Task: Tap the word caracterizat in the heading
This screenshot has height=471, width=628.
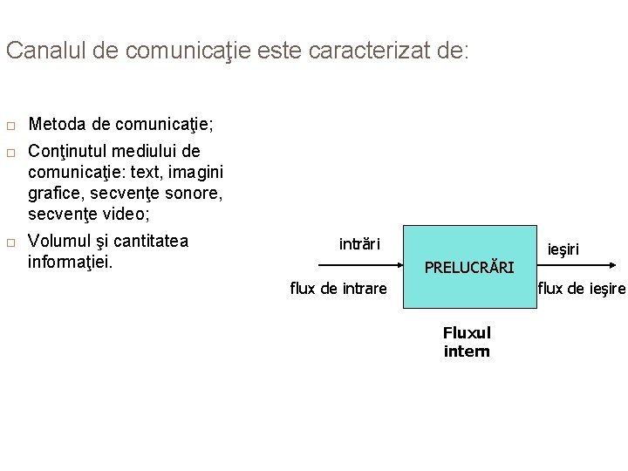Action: point(352,50)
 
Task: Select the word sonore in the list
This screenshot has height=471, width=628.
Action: point(195,191)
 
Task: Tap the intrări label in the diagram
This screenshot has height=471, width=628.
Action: point(359,243)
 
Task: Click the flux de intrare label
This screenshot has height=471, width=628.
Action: point(338,288)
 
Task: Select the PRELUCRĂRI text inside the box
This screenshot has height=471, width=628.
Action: point(469,267)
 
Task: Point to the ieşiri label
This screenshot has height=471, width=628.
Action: point(563,250)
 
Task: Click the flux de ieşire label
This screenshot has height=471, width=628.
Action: point(582,288)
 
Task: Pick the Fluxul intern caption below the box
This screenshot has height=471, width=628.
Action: point(467,342)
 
